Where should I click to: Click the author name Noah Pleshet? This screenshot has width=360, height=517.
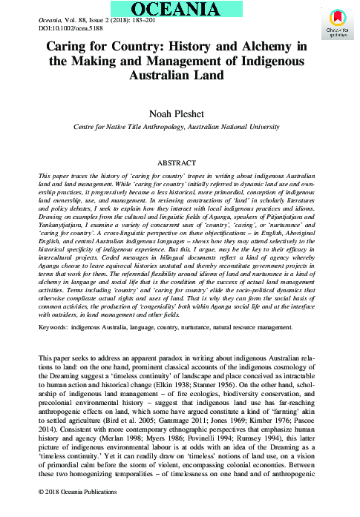(x=180, y=115)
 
